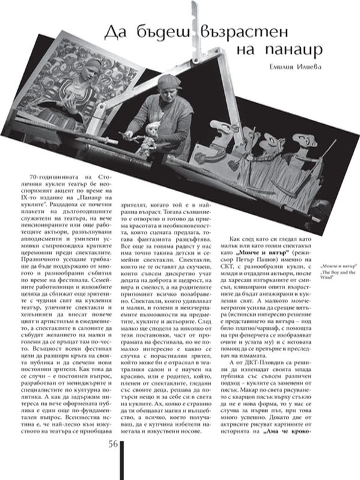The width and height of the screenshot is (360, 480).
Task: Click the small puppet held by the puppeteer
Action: pos(151,131)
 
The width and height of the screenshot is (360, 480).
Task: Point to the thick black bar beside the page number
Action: pos(124,458)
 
